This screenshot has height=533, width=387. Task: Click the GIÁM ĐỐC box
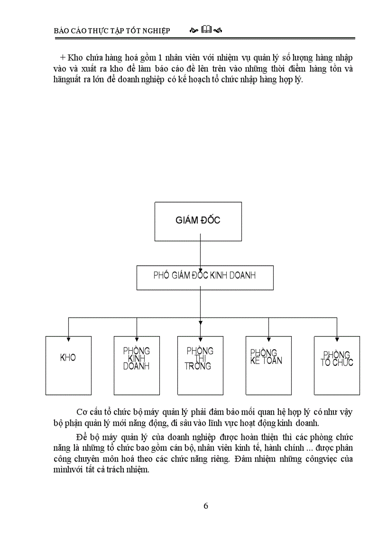(198, 221)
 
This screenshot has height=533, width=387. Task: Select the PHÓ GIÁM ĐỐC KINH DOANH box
(205, 277)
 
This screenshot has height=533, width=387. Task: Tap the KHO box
(68, 365)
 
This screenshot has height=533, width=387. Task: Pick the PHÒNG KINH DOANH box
(137, 365)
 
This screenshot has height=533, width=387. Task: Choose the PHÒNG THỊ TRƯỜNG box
(200, 365)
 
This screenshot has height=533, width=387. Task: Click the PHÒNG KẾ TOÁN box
(268, 365)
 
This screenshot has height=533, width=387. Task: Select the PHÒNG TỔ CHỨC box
(337, 365)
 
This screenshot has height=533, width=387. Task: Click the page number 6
(205, 505)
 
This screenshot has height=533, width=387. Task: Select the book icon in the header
(206, 30)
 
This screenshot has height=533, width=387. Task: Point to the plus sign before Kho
(62, 57)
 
